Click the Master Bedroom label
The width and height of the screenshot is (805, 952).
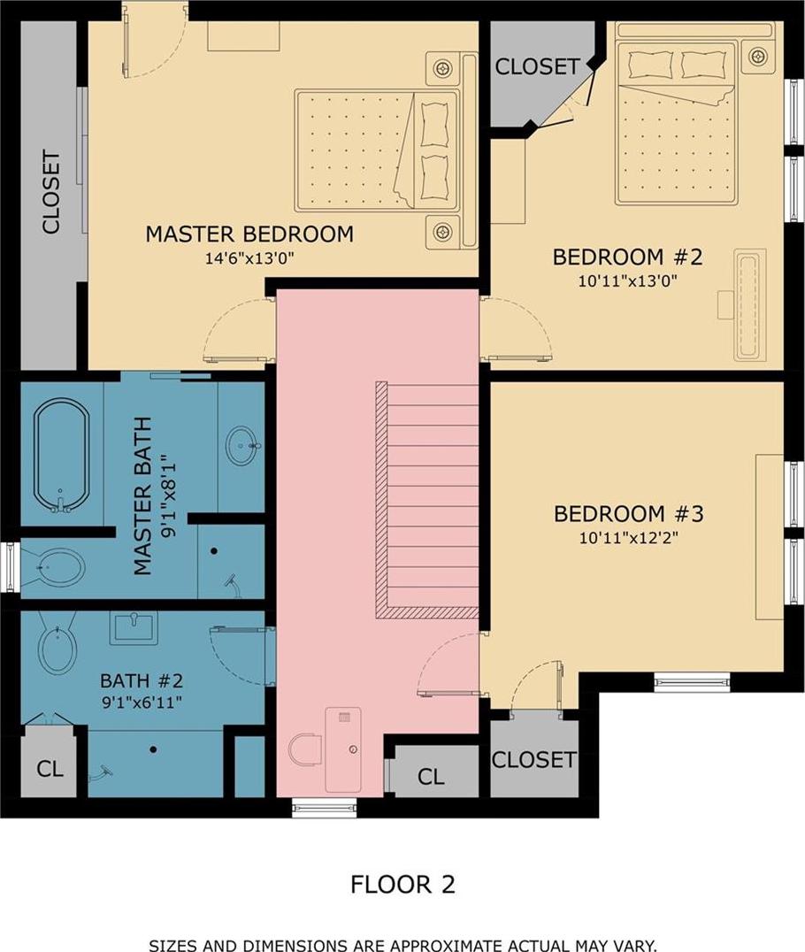(249, 234)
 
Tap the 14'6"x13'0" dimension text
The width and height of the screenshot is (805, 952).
(249, 258)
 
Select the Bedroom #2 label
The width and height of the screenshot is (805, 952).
(628, 257)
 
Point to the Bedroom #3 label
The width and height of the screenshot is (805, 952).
(628, 514)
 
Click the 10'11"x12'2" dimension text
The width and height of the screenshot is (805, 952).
(628, 538)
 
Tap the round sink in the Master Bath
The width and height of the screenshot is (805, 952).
(243, 446)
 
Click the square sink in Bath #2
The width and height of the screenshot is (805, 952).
(134, 627)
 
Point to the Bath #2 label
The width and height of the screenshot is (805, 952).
(142, 680)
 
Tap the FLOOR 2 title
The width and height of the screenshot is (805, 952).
(402, 884)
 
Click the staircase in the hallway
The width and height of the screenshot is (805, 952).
(427, 500)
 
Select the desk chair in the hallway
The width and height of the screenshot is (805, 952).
(305, 749)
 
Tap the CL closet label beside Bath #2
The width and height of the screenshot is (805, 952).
(50, 769)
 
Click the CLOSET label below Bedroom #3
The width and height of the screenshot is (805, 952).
(533, 759)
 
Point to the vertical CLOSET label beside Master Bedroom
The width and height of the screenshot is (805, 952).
(51, 193)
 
